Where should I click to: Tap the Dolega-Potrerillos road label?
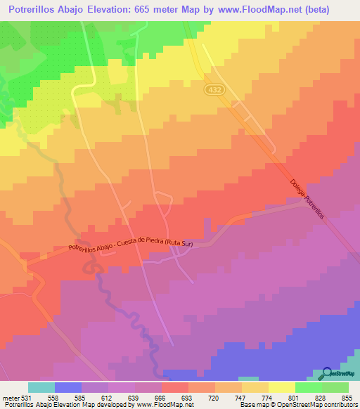click(x=307, y=200)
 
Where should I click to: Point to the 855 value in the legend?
click(x=346, y=397)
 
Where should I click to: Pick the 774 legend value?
click(x=266, y=397)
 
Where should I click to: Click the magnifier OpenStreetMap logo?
click(x=328, y=373)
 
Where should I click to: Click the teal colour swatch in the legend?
click(x=41, y=387)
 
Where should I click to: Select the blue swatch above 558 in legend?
click(x=67, y=387)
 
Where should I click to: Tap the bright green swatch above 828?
click(x=309, y=387)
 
